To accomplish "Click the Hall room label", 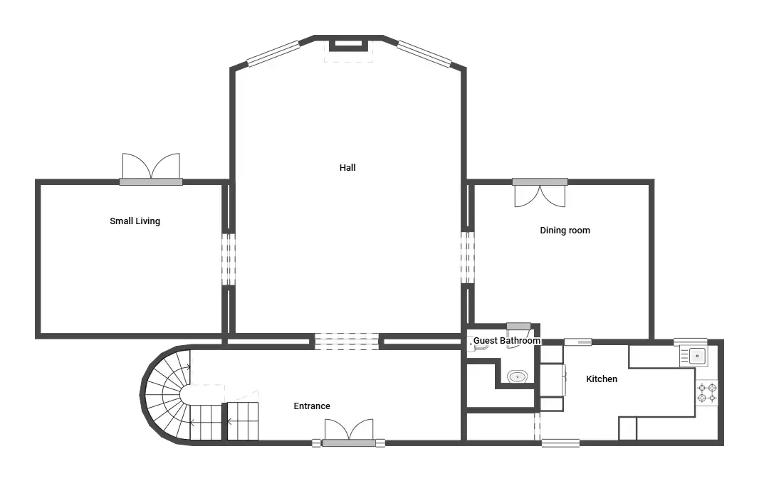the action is (347, 168).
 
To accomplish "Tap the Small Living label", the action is (135, 221).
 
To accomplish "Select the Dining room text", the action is (565, 231).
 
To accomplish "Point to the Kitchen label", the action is (602, 379).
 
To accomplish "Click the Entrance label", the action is (312, 406).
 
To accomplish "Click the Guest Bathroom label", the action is (506, 341).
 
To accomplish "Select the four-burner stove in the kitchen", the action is (707, 393).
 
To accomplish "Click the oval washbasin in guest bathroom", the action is (518, 376).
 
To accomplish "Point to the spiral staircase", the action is (167, 394).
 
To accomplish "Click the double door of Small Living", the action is (151, 169).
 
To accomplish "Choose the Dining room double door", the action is (540, 193).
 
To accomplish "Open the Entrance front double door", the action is (348, 433).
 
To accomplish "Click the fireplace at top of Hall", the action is (348, 46).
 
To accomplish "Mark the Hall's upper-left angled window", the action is (273, 53).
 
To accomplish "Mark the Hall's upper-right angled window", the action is (424, 53).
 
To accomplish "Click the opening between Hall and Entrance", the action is (347, 341).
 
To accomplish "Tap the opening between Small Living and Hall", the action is (229, 260).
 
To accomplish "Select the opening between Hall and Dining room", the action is (468, 258).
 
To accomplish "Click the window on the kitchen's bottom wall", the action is (560, 443).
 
